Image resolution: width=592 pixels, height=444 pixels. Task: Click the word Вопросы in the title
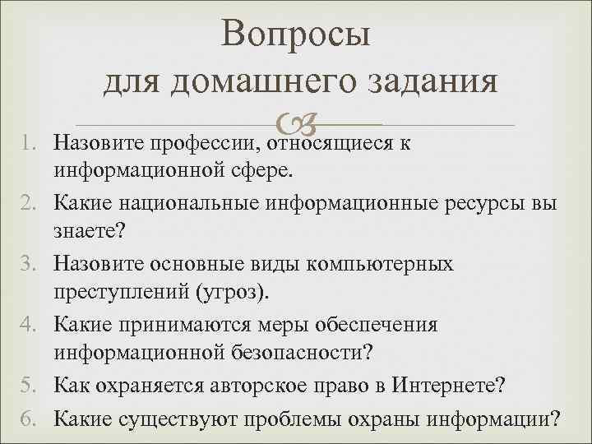click(x=296, y=35)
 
